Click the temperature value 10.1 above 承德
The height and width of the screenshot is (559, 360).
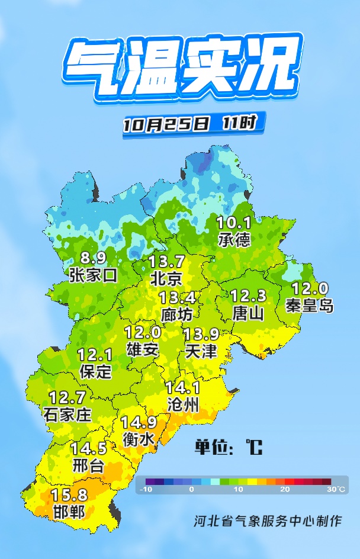[234, 223]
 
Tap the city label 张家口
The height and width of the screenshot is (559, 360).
[93, 275]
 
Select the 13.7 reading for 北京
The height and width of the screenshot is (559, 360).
[166, 261]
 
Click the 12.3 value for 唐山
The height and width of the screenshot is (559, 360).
[248, 295]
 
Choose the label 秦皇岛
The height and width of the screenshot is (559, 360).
[310, 306]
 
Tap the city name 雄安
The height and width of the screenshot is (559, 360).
[143, 349]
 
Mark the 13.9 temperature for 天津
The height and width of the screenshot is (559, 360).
[200, 334]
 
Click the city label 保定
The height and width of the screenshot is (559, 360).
[95, 371]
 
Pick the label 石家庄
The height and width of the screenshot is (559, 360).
[67, 414]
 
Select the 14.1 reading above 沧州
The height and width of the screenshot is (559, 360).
[183, 388]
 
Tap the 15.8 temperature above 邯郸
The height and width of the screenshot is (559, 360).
[69, 494]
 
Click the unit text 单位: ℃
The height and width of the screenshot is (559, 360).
[229, 447]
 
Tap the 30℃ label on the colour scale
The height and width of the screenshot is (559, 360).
[336, 490]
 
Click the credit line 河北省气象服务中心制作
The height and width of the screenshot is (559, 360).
[268, 522]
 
